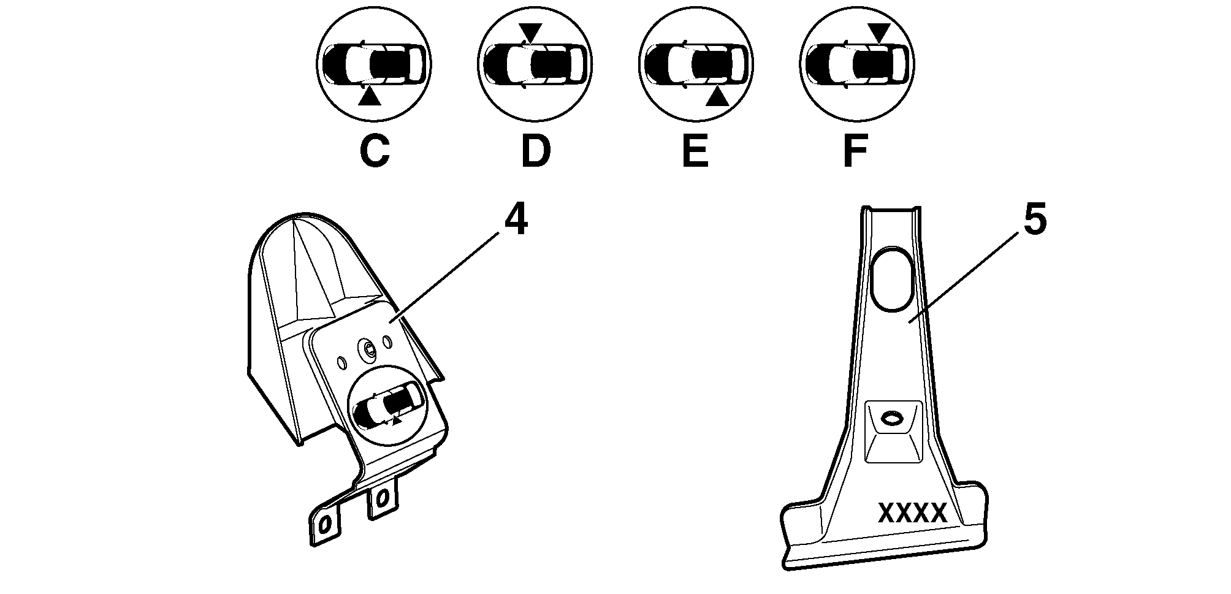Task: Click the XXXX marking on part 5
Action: pos(913,513)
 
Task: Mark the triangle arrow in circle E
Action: pos(717,97)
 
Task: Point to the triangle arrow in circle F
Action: pos(878,32)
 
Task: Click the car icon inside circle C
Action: pos(373,64)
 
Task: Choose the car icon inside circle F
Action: pos(856,64)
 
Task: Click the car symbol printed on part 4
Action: pos(387,405)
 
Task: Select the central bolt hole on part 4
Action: pos(368,348)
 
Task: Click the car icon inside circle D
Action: pos(535,64)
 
